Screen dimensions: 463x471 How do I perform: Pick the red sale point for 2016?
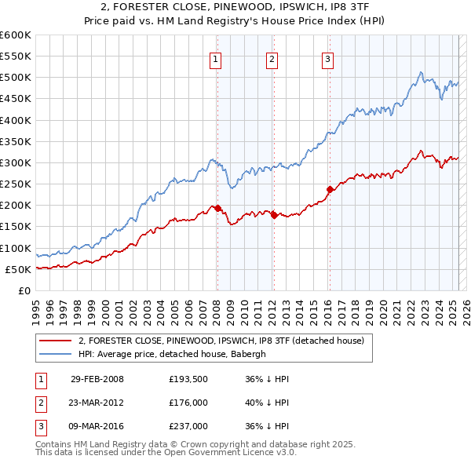tap(330, 188)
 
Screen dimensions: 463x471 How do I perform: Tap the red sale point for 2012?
tap(274, 215)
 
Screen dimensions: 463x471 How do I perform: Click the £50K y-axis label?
tap(18, 269)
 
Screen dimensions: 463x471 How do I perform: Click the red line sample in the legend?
tap(56, 341)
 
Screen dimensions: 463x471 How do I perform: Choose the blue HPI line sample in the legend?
tap(56, 354)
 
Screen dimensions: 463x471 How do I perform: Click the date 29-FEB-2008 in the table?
tap(97, 379)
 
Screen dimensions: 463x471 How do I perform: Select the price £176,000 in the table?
tap(188, 403)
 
